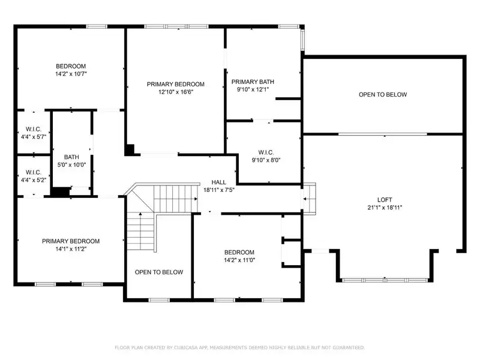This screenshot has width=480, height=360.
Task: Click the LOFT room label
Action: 385,200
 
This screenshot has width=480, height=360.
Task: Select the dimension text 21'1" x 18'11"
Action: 385,208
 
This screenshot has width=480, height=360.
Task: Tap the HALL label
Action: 218,182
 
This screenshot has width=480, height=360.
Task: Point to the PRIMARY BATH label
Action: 253,82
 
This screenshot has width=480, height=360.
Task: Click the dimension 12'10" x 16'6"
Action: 176,92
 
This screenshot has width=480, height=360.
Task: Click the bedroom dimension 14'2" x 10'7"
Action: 71,74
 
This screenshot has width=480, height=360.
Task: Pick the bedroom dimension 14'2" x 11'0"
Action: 239,260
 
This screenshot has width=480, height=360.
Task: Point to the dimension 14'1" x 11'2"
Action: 71,249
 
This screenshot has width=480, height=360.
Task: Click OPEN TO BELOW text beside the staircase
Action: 159,272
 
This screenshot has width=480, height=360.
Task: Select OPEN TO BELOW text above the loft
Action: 383,95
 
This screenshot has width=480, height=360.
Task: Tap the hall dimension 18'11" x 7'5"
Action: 219,190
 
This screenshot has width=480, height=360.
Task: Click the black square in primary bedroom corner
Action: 130,150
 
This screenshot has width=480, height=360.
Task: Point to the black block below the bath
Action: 61,191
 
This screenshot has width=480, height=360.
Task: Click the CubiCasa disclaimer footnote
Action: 239,347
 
